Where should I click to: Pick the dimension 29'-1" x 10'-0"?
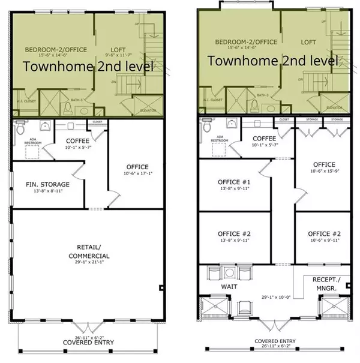tap(272, 296)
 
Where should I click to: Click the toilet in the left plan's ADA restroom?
tap(21, 128)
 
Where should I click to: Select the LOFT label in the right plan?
tap(308, 43)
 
